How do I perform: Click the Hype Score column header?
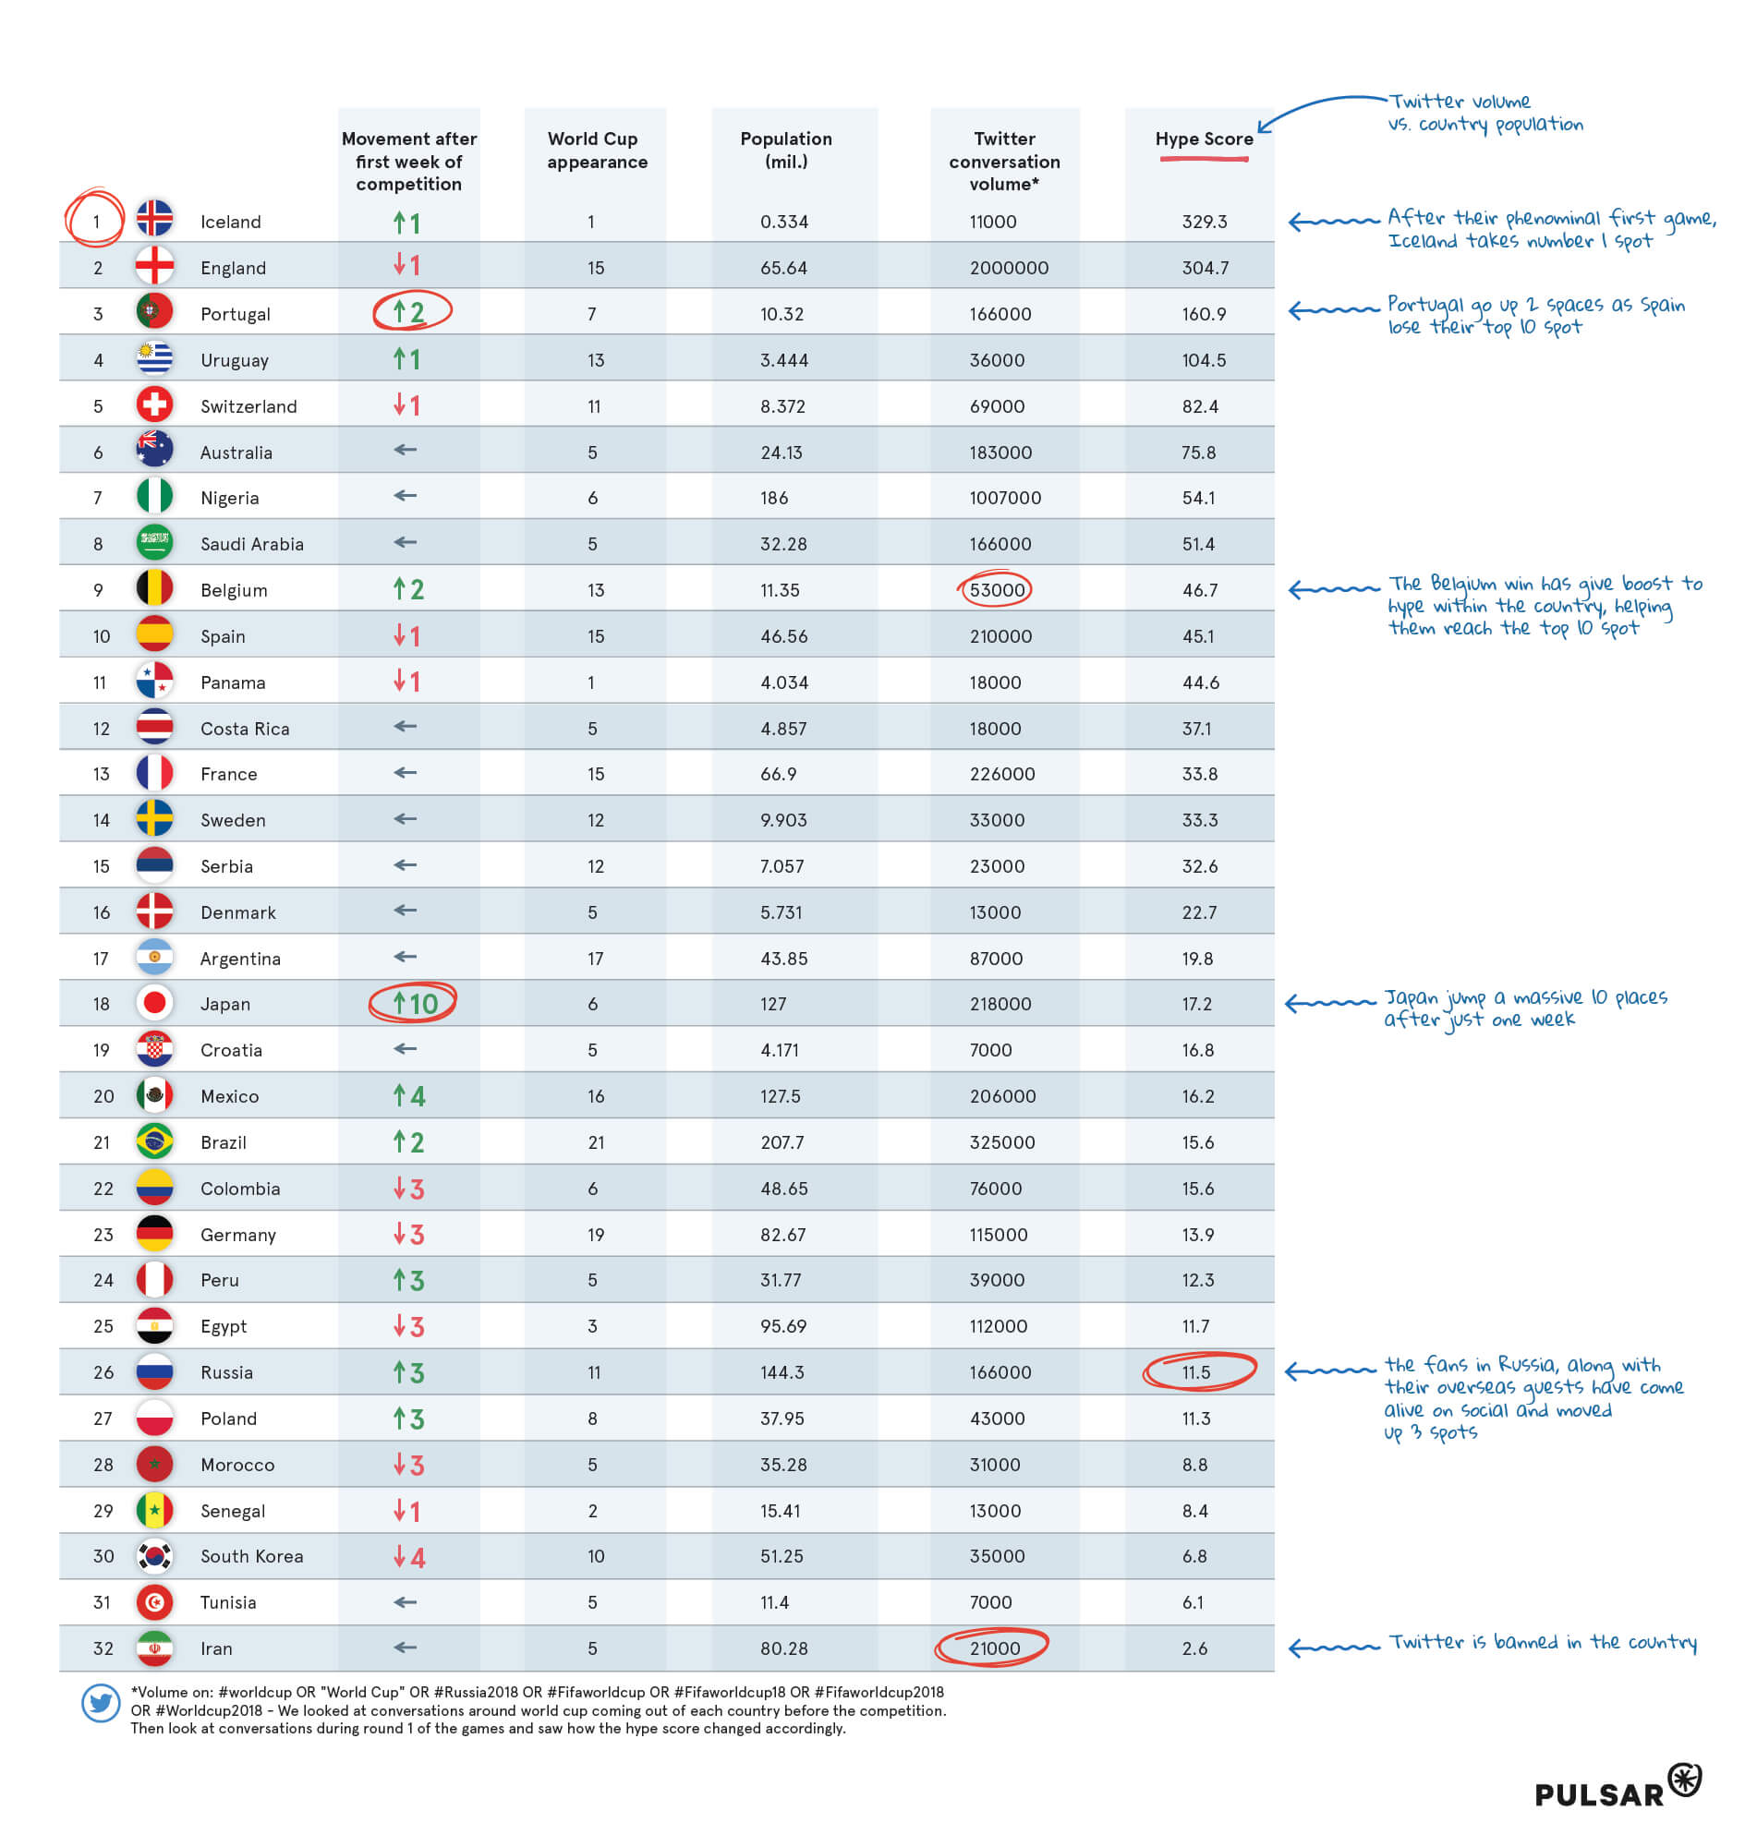[1204, 139]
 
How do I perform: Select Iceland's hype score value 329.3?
[1204, 222]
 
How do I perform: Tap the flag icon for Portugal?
[154, 311]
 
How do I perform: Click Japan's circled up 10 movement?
[413, 1004]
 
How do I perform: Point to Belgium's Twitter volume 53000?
[996, 590]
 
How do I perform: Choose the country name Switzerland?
[248, 406]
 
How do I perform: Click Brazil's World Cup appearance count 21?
[595, 1142]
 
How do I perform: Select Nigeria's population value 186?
[774, 498]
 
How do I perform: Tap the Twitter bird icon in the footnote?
[101, 1704]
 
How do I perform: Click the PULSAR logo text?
[1599, 1794]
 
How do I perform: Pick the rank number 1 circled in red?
[96, 222]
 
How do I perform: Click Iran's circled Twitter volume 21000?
[994, 1648]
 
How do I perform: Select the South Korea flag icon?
[154, 1555]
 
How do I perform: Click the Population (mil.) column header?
[786, 150]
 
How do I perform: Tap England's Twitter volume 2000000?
[1009, 268]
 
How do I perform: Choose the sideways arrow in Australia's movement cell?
[405, 450]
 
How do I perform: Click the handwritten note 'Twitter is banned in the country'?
[1542, 1642]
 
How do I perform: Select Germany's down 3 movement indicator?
[408, 1234]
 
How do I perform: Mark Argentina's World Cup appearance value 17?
[595, 958]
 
